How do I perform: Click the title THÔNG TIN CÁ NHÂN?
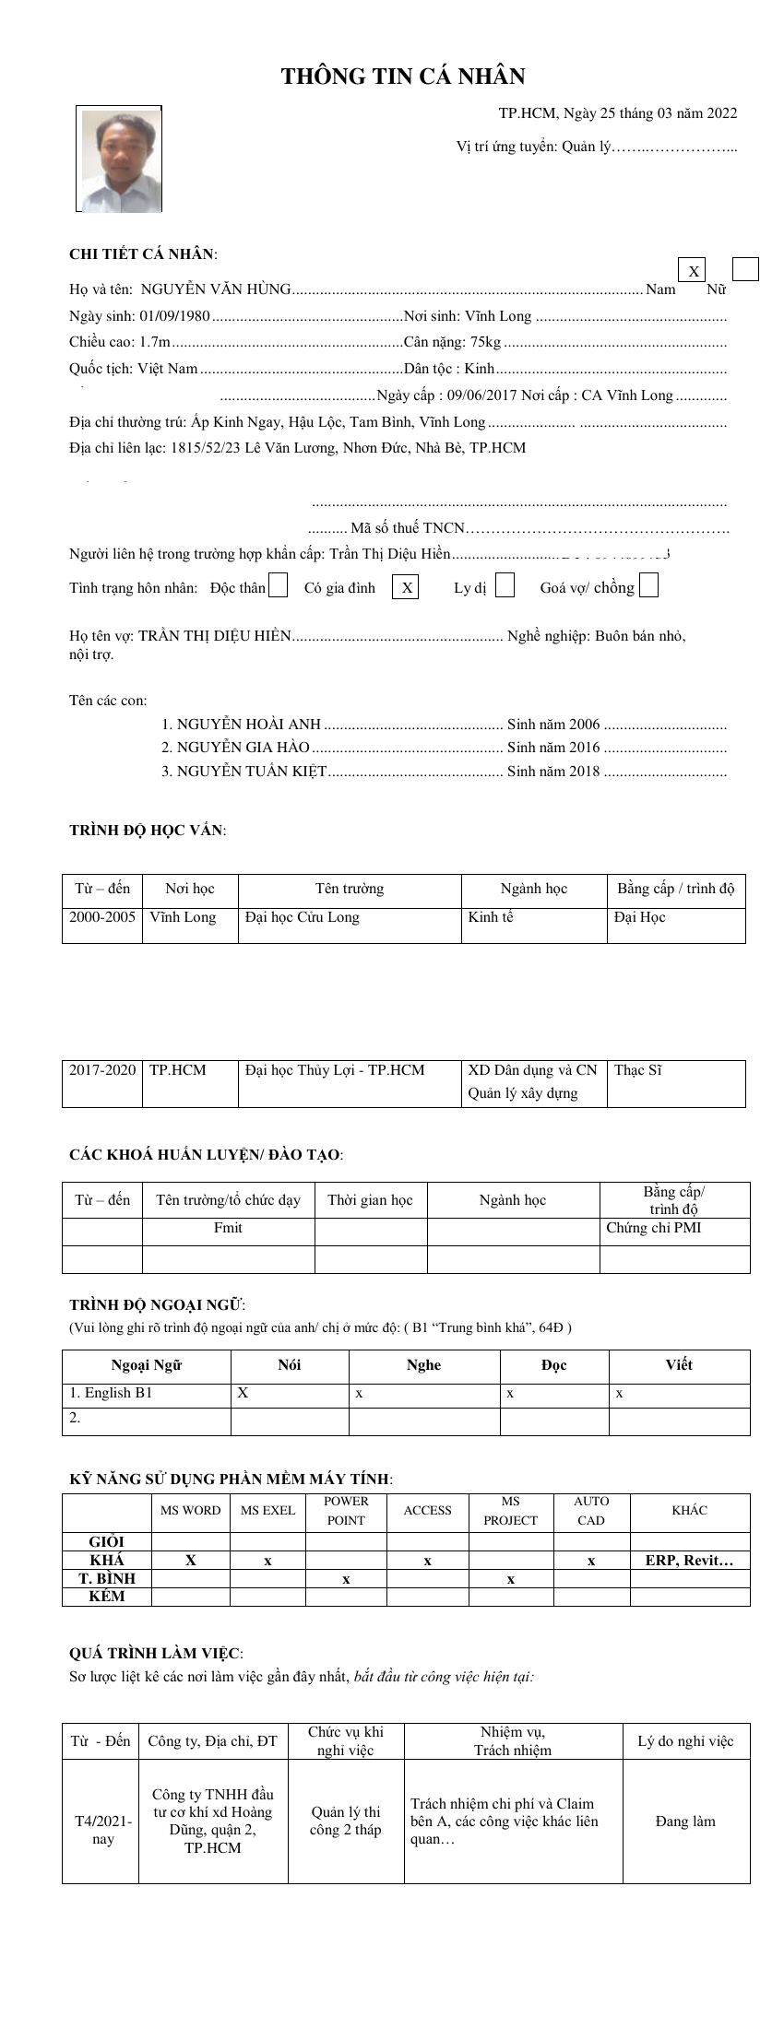pos(403,77)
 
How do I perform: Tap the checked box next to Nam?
pos(692,270)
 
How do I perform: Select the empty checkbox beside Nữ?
pos(745,269)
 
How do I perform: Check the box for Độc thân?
pos(278,586)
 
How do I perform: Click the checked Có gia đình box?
pos(406,587)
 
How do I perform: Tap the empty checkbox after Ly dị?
pos(505,586)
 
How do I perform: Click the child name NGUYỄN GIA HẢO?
pos(244,748)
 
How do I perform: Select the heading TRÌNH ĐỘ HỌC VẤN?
pos(147,830)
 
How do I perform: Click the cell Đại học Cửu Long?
pos(303,917)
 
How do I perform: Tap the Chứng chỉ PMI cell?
pos(654,1228)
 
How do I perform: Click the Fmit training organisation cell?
pos(228,1228)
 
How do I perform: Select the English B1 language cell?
pos(112,1393)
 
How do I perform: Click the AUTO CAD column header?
pos(591,1511)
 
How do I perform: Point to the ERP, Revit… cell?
pos(689,1561)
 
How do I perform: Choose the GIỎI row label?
pos(106,1541)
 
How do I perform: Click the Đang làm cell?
pos(685,1822)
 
